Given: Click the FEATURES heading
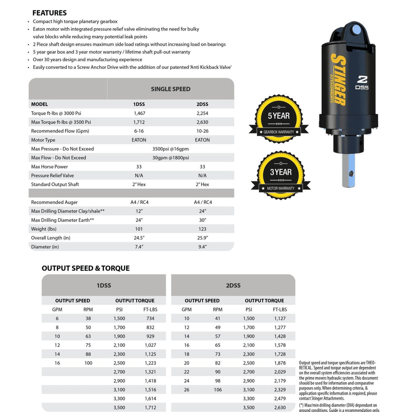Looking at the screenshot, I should point(49,13).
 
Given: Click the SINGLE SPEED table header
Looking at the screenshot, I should point(171,89).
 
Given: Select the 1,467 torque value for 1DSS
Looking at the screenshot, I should point(139,113).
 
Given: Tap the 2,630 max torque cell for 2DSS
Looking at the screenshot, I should point(202,122).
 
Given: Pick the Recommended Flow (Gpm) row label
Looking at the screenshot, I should point(60,131).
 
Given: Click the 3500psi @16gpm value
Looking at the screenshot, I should point(171,149).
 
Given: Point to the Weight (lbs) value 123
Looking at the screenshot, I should point(202,229).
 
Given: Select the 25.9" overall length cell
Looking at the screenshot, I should point(202,238).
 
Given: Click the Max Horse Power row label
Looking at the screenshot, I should point(49,167).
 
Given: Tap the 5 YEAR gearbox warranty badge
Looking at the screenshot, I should point(279,118).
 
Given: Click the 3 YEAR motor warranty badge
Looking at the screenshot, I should point(280,175).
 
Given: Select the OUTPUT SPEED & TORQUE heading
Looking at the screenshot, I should point(86,268).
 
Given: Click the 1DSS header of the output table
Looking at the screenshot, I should point(104,286).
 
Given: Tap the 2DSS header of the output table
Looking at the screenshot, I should point(233,286).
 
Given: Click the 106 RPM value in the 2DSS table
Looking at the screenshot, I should point(218,389).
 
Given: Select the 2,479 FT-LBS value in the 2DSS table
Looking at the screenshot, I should point(280,398).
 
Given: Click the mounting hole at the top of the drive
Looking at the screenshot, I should point(356,29).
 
